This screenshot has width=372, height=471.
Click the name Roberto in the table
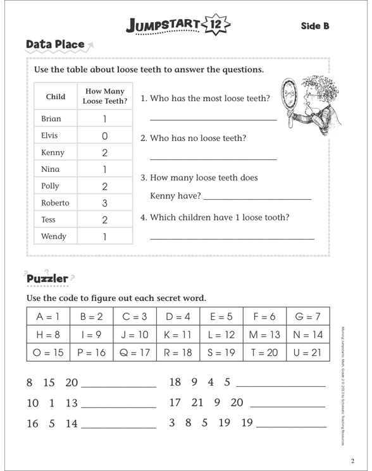[x=55, y=203]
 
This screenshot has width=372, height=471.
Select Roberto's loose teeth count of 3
[x=104, y=203]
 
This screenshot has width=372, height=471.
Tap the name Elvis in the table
[x=49, y=135]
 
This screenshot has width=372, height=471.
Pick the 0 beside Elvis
[x=104, y=136]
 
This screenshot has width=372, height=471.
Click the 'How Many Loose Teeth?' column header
[x=105, y=96]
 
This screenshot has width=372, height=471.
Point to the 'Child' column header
[x=56, y=97]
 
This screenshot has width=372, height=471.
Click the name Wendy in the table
[x=54, y=236]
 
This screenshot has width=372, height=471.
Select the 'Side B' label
[x=314, y=26]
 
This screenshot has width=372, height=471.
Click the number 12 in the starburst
[x=216, y=25]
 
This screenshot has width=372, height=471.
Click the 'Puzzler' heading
[x=48, y=278]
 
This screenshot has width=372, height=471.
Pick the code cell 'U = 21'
[x=307, y=352]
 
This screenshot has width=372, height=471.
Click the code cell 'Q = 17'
[x=134, y=352]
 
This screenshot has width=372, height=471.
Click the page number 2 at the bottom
[x=352, y=460]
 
